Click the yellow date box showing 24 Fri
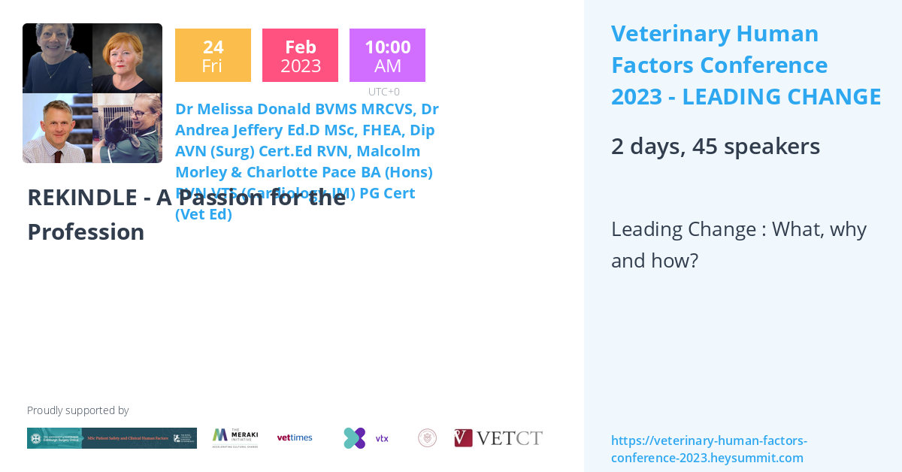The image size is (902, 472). [213, 56]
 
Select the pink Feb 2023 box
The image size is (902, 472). [300, 56]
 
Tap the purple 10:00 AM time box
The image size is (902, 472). [387, 56]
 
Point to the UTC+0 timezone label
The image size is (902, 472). [383, 92]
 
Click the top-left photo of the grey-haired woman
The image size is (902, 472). [57, 58]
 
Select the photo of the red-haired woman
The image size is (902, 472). [127, 58]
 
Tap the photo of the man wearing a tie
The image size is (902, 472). [57, 128]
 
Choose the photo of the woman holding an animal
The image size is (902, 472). [127, 128]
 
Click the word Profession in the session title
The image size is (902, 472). [86, 231]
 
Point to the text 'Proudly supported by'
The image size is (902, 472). [77, 410]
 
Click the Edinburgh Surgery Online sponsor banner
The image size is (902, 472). [112, 438]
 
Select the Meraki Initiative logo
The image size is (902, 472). [235, 437]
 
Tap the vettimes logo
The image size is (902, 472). [295, 437]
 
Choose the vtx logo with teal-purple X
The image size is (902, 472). [365, 438]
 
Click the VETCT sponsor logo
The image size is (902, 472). [498, 438]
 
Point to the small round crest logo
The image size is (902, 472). [427, 438]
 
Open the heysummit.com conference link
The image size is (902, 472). [708, 449]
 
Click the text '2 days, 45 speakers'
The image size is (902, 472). [715, 146]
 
